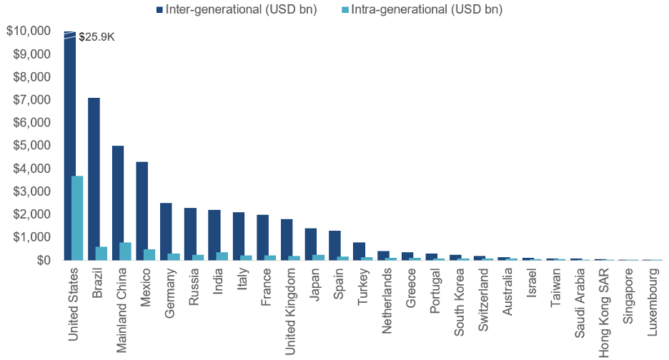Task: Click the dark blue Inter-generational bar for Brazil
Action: [94, 179]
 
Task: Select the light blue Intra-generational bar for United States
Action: [77, 218]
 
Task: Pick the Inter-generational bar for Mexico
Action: [142, 211]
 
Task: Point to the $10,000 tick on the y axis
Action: [29, 31]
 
